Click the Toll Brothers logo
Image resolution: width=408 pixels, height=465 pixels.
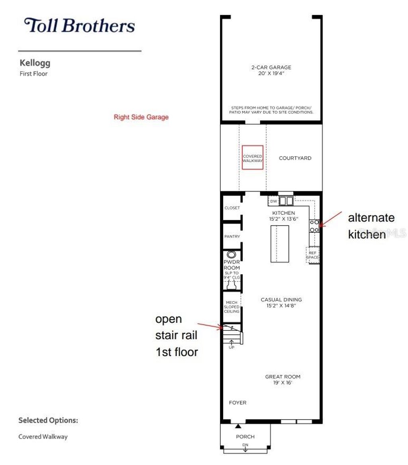coord(79,26)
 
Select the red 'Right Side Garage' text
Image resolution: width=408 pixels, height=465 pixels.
coord(141,117)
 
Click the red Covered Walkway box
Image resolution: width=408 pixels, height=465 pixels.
coord(252,158)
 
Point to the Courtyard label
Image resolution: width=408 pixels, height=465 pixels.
coord(295,158)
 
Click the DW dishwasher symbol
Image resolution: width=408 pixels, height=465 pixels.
coord(273,201)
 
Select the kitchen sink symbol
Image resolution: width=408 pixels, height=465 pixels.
coord(286,201)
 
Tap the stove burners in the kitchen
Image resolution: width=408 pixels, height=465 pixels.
coord(314,226)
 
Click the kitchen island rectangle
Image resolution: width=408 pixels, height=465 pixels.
coord(280,243)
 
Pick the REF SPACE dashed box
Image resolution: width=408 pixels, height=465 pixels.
coord(312,255)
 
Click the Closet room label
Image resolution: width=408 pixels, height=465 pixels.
coord(232,208)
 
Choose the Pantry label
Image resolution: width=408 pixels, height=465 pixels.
coord(232,237)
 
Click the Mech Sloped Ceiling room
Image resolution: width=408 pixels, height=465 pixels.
coord(231,307)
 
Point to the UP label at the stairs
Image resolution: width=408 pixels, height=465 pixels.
coord(231,347)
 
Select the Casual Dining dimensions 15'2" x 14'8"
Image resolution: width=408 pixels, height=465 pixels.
coord(281,306)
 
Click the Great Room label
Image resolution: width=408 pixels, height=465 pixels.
coord(283,377)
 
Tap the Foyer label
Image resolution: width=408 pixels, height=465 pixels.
coord(237,403)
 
